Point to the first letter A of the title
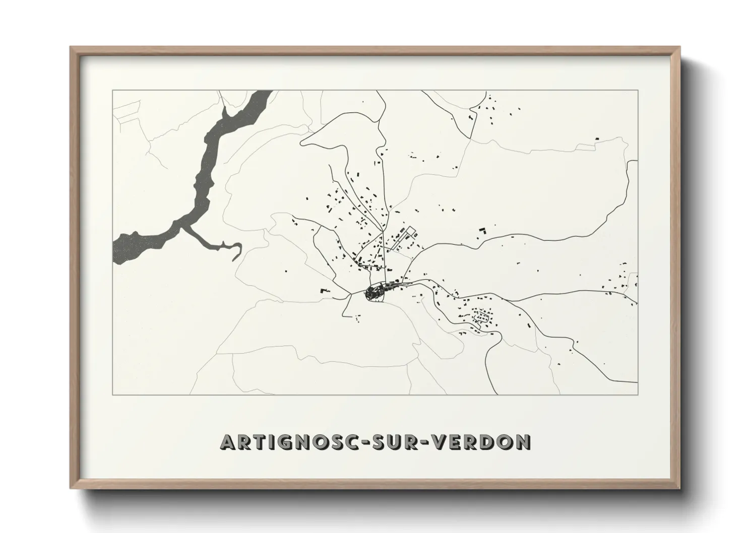(x=227, y=442)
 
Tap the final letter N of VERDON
(x=523, y=442)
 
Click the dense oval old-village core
(x=375, y=292)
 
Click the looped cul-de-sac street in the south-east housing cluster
(x=482, y=317)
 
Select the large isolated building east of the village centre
(x=482, y=230)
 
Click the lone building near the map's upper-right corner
(x=597, y=138)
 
